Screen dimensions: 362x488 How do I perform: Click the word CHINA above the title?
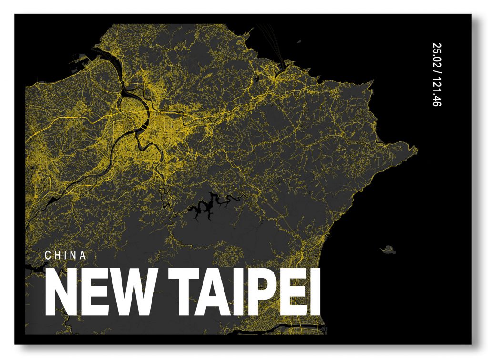[65, 255]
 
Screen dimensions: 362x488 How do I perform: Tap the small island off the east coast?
[389, 249]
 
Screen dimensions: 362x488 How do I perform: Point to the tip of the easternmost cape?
[417, 151]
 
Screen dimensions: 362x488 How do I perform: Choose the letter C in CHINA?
[48, 255]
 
